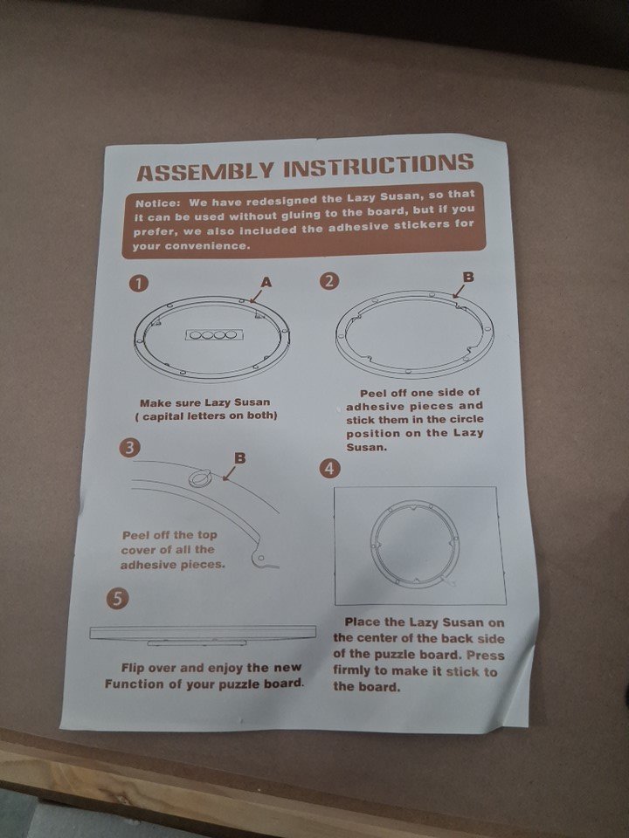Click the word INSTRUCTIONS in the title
point(378,165)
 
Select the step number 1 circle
point(139,283)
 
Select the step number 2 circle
point(329,280)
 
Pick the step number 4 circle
point(329,468)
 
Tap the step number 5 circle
point(118,598)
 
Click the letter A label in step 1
point(266,282)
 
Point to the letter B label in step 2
point(468,277)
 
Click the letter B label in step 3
point(240,458)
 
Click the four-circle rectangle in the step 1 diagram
point(212,335)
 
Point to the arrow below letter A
point(257,296)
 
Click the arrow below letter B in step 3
point(230,473)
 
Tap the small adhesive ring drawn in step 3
point(199,477)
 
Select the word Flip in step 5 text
point(133,668)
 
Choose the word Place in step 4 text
point(363,622)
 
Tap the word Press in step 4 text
point(485,655)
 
